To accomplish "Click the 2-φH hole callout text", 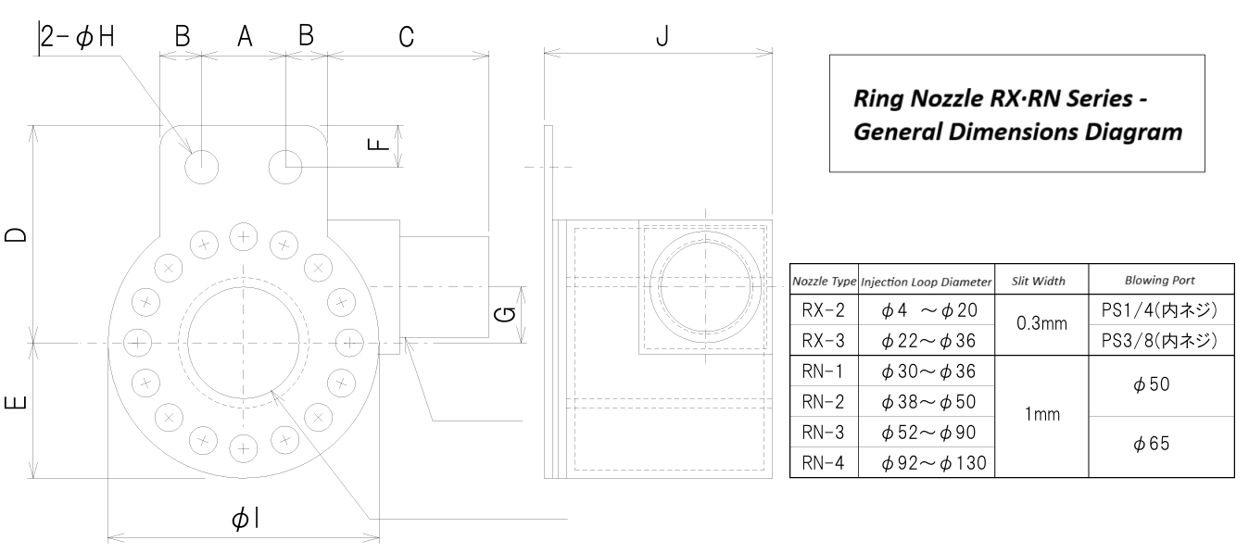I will pos(80,34).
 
